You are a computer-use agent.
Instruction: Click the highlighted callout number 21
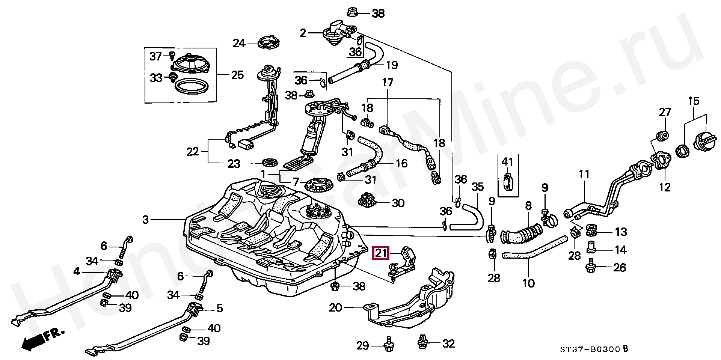[x=381, y=253]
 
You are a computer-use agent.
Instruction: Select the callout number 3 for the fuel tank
[x=146, y=220]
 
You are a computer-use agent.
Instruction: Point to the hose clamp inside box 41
[x=508, y=182]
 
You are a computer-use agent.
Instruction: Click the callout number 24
[x=239, y=44]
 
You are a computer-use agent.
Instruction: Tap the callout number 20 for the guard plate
[x=335, y=308]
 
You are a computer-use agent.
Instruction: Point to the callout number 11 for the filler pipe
[x=584, y=174]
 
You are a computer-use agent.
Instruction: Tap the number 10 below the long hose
[x=528, y=283]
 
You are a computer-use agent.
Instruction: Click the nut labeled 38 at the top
[x=352, y=12]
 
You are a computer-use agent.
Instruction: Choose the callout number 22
[x=193, y=152]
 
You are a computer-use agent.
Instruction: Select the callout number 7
[x=296, y=182]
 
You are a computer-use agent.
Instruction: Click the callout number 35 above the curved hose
[x=478, y=187]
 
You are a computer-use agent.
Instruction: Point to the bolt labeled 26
[x=591, y=267]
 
